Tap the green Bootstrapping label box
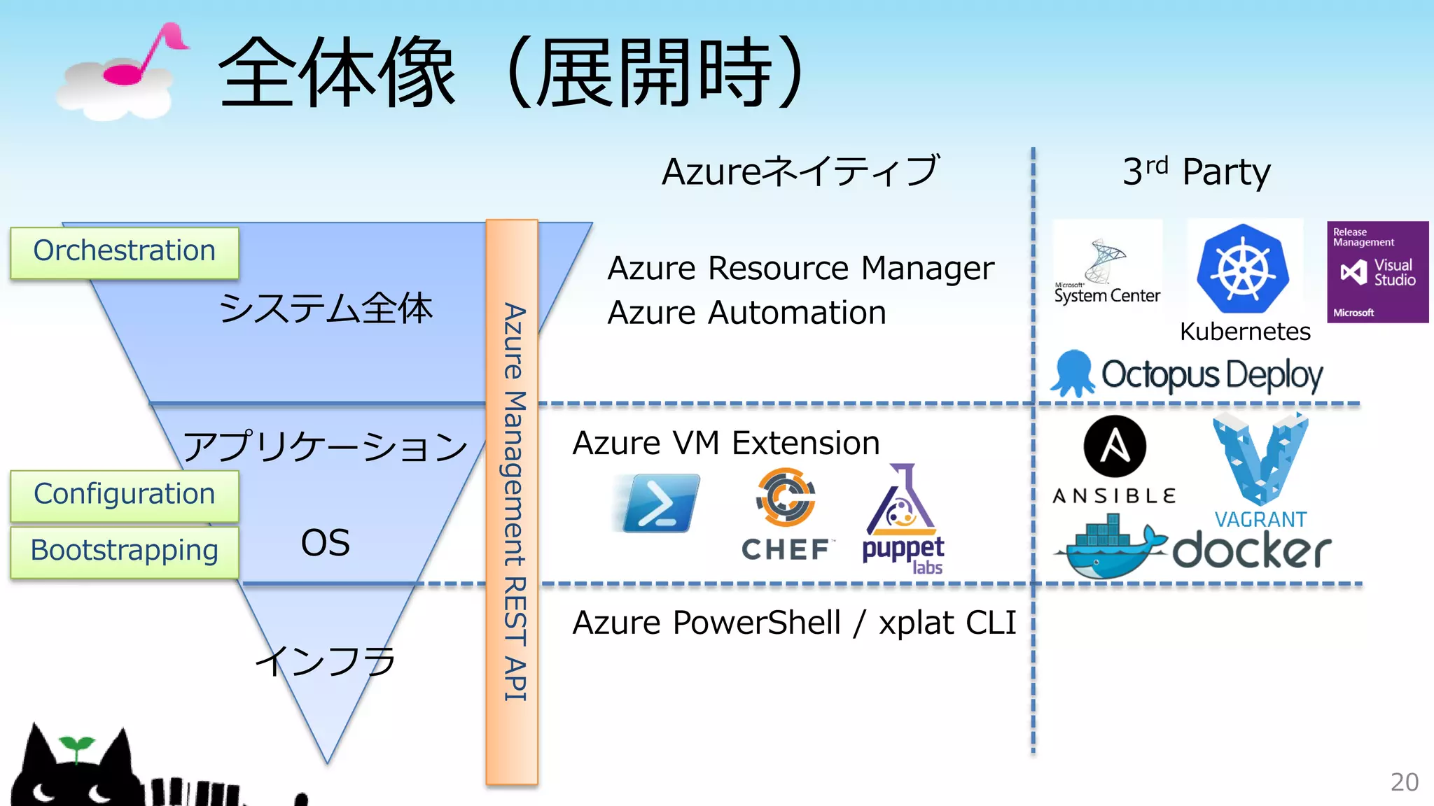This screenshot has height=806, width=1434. point(125,551)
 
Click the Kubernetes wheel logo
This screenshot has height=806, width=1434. point(1244,269)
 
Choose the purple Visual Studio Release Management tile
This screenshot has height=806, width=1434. point(1377,271)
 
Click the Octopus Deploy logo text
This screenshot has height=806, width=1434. point(1211,375)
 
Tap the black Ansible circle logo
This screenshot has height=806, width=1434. point(1115,446)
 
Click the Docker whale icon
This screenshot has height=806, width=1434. point(1110,549)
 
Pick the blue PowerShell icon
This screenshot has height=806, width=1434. point(660,502)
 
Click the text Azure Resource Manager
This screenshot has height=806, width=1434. point(800,269)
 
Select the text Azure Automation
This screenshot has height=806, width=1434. point(746,313)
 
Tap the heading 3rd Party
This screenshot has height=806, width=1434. point(1196,171)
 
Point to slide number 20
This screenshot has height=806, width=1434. point(1404,782)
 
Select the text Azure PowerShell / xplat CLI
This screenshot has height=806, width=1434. point(794,623)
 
